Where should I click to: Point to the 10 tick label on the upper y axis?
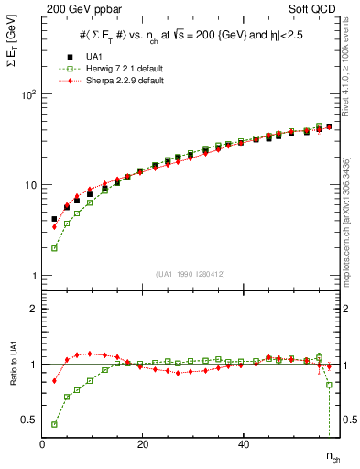coord(29,185)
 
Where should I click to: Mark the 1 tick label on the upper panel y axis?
coord(34,276)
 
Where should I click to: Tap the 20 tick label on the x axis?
coord(142,444)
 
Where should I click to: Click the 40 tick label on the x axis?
coord(243,444)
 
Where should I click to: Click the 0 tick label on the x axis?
coord(42,444)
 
